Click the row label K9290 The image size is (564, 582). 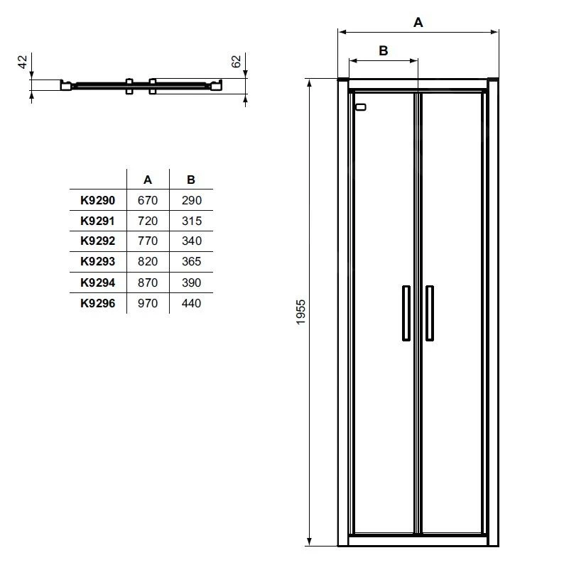98,201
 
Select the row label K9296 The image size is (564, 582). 98,303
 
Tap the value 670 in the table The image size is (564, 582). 148,201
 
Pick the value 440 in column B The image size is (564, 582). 191,303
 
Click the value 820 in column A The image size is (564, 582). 148,262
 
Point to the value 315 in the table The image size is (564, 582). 191,221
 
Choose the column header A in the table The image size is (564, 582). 148,180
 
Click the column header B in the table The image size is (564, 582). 191,180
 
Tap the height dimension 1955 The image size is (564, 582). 300,312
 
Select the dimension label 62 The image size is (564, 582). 237,62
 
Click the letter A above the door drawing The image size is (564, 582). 418,23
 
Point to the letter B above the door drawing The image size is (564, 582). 383,50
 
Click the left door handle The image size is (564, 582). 406,313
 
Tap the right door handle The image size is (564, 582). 430,313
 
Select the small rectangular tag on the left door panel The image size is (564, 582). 360,108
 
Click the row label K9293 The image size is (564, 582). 98,262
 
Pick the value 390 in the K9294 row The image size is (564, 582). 191,282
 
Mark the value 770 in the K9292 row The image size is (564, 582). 148,241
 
